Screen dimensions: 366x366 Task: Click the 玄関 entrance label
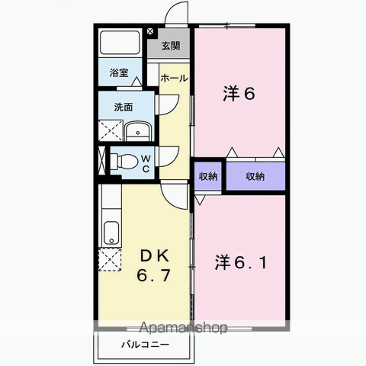pos(171,46)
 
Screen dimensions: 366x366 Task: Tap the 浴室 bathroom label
pos(119,73)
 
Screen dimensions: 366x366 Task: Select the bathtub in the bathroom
pos(120,42)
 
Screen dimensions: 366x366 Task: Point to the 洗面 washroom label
pos(124,107)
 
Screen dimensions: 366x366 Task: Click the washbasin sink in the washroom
pos(139,131)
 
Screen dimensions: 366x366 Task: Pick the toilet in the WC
pos(124,161)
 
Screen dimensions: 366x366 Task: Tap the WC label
pos(146,164)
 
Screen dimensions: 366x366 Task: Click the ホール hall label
pos(174,78)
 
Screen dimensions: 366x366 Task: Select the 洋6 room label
pos(239,93)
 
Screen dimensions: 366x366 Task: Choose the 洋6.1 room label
pos(241,262)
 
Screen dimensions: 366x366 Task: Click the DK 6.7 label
pos(154,265)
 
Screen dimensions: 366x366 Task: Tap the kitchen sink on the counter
pos(111,233)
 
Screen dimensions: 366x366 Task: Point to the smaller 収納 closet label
pos(208,176)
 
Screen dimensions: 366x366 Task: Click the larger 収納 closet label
pos(255,176)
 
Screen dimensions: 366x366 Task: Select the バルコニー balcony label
pos(145,345)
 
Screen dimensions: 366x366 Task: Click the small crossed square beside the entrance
pos(150,31)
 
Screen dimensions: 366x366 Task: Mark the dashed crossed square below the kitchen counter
pos(110,260)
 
